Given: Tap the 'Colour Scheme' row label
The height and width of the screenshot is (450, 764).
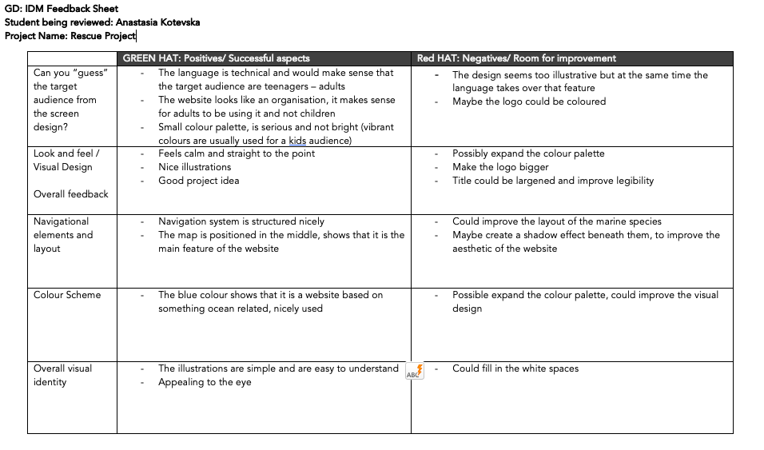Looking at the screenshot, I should [x=67, y=295].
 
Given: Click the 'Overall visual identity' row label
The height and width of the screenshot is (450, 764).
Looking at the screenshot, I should [x=62, y=375].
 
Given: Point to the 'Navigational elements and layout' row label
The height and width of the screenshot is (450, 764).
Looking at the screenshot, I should [x=63, y=235].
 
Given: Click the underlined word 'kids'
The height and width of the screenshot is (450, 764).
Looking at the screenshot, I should [x=297, y=141].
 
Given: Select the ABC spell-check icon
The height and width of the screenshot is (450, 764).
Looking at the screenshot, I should [x=415, y=372].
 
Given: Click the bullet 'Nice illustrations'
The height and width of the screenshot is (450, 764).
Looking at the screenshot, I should [x=194, y=167].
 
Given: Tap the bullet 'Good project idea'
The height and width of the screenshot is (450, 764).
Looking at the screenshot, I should [x=198, y=181].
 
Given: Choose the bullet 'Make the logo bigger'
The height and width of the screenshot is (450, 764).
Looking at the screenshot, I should [x=500, y=167].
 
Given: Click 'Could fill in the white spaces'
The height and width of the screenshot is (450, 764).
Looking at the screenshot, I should [x=515, y=368].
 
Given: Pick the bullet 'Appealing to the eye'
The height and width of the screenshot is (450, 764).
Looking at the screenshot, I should [x=205, y=382].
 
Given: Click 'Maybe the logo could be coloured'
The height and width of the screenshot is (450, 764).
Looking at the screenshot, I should [x=529, y=102].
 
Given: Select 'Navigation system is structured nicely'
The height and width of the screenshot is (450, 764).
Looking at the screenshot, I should [x=241, y=221].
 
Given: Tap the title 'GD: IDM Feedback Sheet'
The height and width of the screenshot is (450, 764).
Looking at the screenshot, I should [x=61, y=9].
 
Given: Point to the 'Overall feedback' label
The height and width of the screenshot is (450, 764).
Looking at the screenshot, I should [x=70, y=194].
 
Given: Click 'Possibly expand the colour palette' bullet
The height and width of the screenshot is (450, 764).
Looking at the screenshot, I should [x=528, y=153].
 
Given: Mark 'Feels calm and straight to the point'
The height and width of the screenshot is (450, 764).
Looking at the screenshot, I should [x=237, y=153].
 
